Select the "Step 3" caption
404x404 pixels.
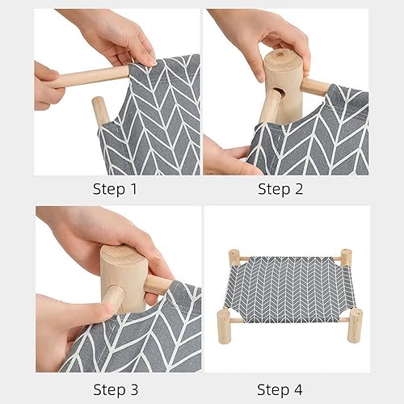click(120, 389)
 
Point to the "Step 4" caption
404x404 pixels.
click(284, 389)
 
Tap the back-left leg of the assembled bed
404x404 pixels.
click(234, 258)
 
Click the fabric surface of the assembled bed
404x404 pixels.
click(289, 287)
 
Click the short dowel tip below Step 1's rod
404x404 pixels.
click(99, 108)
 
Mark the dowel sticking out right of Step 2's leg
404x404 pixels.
click(315, 86)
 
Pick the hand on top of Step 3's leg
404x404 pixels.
click(105, 234)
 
